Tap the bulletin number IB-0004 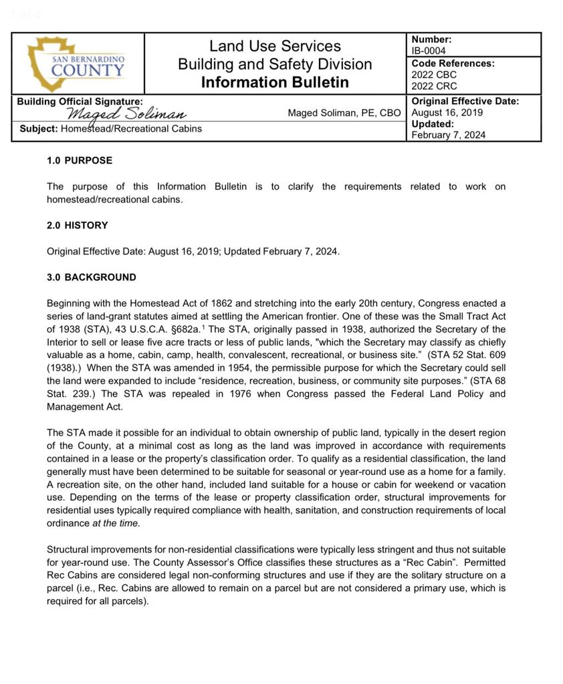[429, 51]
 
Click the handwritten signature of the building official [126, 114]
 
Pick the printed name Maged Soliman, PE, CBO [344, 113]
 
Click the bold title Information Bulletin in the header [275, 82]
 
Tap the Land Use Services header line [275, 46]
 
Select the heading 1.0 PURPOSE [80, 160]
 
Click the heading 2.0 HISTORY [77, 225]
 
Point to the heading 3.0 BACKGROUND [91, 277]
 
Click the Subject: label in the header [39, 128]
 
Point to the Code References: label [453, 63]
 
